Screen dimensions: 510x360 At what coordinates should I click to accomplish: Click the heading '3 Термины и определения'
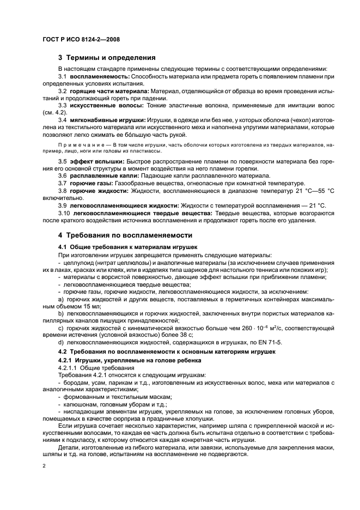tap(107, 57)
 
